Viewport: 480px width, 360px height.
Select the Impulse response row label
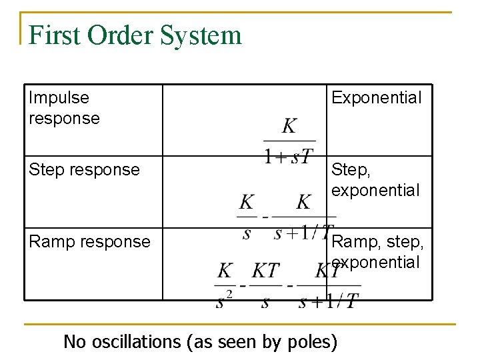pos(64,108)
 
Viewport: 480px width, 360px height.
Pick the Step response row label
pos(84,169)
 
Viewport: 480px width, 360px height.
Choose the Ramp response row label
pos(89,241)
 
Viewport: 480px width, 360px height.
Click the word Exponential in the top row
pos(376,97)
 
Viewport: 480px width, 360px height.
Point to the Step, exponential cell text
pos(375,180)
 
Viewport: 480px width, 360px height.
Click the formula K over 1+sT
pos(289,141)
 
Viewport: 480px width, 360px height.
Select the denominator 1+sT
pos(289,156)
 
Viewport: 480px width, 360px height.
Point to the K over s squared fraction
pos(225,286)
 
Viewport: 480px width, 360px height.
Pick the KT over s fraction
pos(265,286)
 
